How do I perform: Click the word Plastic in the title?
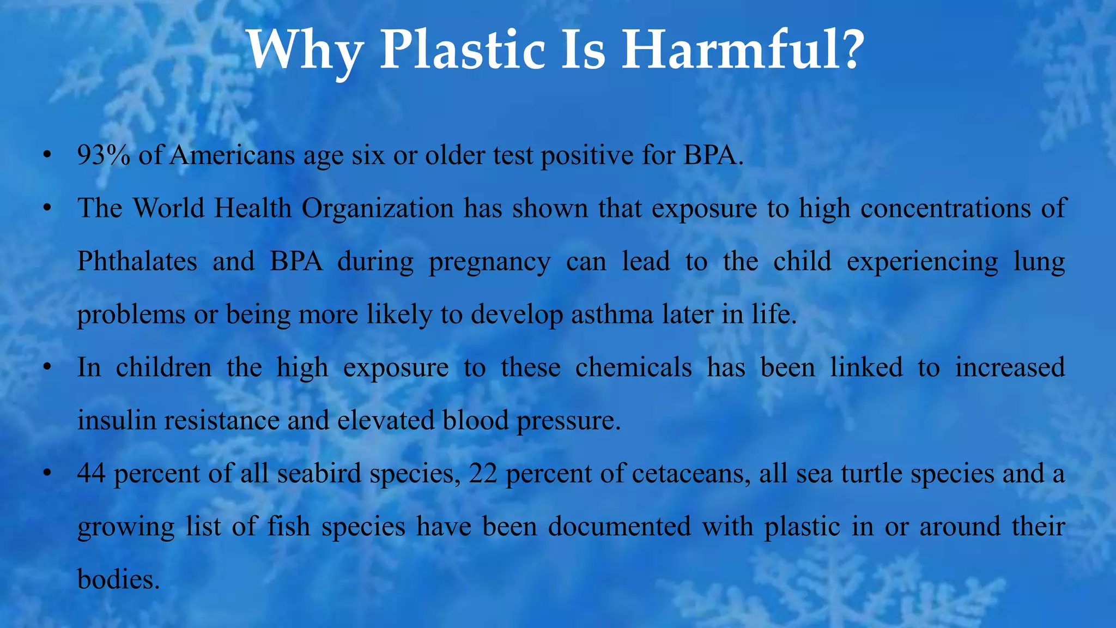point(462,50)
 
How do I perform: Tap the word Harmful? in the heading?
point(743,50)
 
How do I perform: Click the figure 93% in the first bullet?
point(104,155)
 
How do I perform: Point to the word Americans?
point(233,155)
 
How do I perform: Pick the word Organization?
point(378,209)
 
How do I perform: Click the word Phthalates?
point(137,261)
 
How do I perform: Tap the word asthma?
point(612,315)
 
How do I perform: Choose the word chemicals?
point(633,367)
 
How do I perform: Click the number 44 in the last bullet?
point(92,473)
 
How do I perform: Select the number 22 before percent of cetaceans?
point(483,473)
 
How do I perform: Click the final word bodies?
point(119,579)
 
